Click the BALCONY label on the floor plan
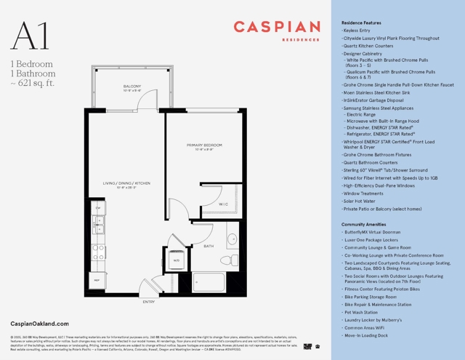point(132,86)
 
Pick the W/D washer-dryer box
point(175,260)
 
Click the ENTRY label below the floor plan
point(149,302)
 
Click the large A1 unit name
point(30,36)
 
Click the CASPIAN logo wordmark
point(277,28)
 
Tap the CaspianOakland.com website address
point(40,324)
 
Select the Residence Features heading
point(361,23)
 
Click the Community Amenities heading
point(363,225)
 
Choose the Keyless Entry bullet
point(357,31)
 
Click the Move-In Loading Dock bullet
point(367,336)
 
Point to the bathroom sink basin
point(232,239)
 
